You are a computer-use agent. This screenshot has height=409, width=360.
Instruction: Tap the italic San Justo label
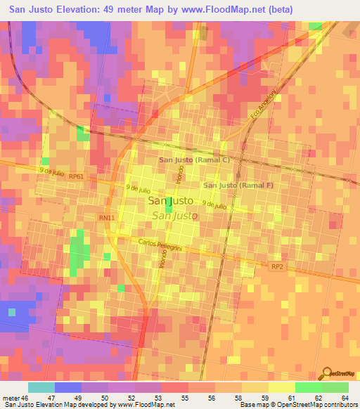(x=174, y=216)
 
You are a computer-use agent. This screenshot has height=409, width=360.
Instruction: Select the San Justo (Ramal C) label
(x=195, y=160)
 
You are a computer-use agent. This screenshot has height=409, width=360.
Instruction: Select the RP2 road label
(x=277, y=266)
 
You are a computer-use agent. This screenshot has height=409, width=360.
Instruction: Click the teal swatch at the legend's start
(x=41, y=387)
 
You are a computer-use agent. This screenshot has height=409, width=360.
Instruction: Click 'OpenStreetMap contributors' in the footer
(x=318, y=405)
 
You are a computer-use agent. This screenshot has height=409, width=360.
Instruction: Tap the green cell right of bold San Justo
(x=169, y=204)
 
